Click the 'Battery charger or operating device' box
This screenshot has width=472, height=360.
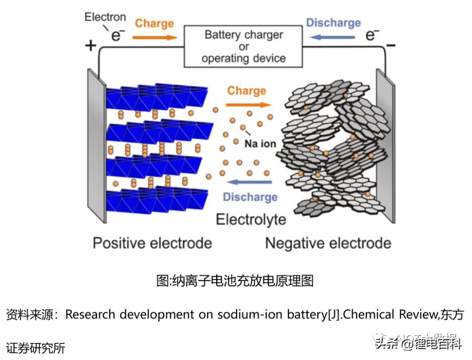tap(243, 47)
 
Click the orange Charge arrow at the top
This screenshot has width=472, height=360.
tap(154, 36)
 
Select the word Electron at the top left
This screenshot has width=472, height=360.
tap(105, 17)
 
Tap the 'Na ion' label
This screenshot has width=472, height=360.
tap(260, 143)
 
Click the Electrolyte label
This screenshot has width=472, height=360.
tap(251, 219)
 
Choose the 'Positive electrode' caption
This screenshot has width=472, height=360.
tap(152, 243)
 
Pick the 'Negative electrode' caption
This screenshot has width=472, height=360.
tap(328, 243)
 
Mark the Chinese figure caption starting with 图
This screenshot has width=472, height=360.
tap(235, 281)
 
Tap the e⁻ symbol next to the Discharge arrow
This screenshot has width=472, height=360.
tap(373, 34)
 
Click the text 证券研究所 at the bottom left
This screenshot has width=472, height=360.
tap(35, 348)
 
